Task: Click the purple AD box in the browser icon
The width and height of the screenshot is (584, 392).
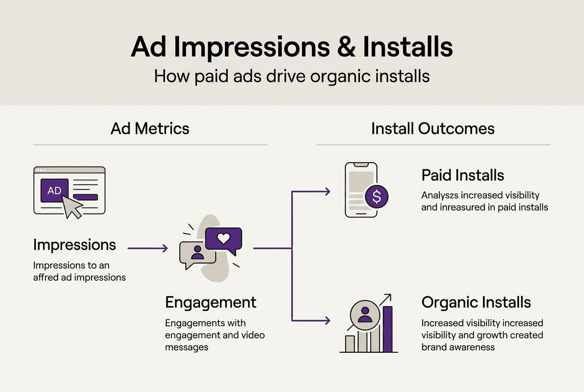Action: coord(55,190)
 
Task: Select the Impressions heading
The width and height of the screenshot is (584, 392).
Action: coord(74,245)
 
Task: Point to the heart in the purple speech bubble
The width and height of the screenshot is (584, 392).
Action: coord(224,239)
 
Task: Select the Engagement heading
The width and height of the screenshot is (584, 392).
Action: coord(211,302)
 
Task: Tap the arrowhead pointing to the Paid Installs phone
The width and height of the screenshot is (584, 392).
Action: coord(328,191)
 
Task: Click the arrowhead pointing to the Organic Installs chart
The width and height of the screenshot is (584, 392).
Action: coord(328,320)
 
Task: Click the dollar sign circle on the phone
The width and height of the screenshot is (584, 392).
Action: coord(377,197)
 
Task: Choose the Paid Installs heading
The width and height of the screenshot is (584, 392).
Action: coord(462,175)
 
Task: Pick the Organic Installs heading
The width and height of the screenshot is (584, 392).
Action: coord(476,302)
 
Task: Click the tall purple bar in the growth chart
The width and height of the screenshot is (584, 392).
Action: coord(387,329)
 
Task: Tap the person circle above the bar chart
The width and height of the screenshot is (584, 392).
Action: coord(365,315)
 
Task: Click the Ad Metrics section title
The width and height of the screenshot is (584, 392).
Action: coord(150,128)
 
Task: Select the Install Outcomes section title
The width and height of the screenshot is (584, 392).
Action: coord(433,128)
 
